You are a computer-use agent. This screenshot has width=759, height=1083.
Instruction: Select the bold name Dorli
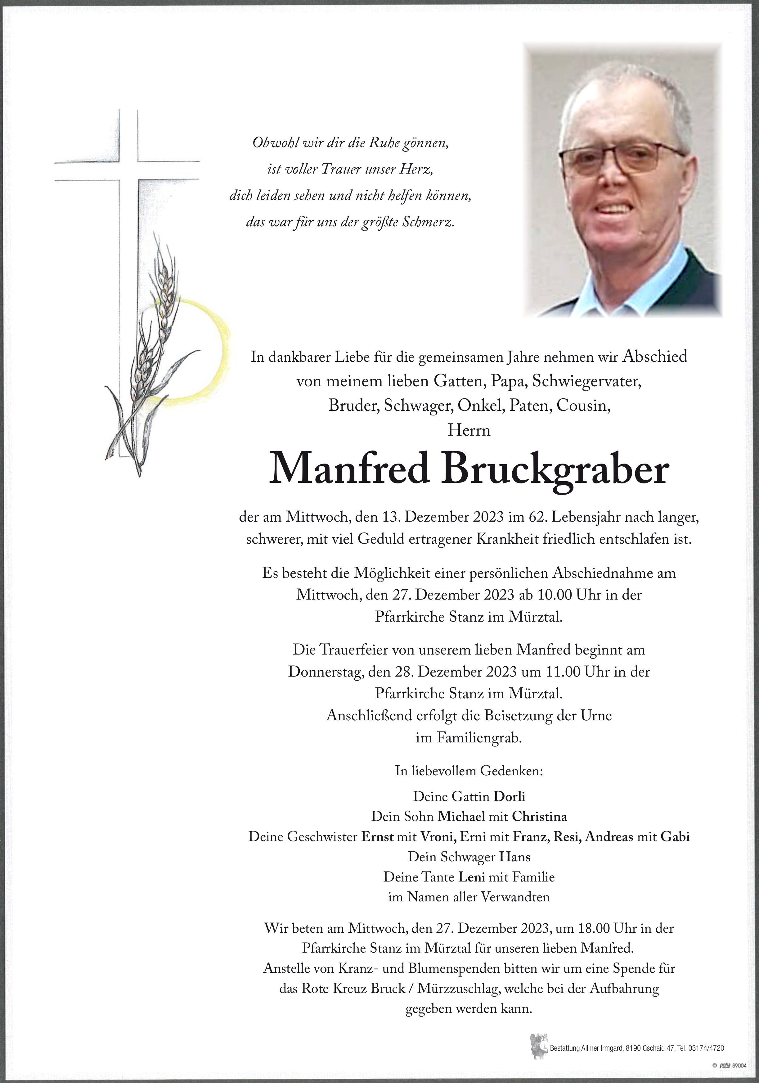509,797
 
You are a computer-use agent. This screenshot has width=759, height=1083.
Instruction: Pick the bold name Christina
540,817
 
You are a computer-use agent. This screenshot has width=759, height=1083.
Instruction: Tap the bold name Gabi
675,837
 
